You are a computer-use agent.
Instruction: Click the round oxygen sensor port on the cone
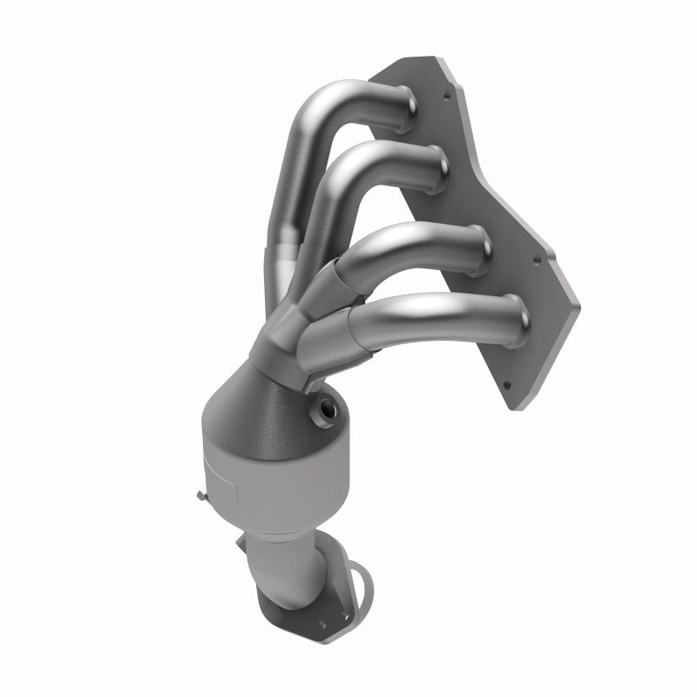pos(328,405)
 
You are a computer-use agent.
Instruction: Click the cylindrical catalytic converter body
pos(253,462)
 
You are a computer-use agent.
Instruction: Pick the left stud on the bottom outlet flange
pos(266,620)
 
